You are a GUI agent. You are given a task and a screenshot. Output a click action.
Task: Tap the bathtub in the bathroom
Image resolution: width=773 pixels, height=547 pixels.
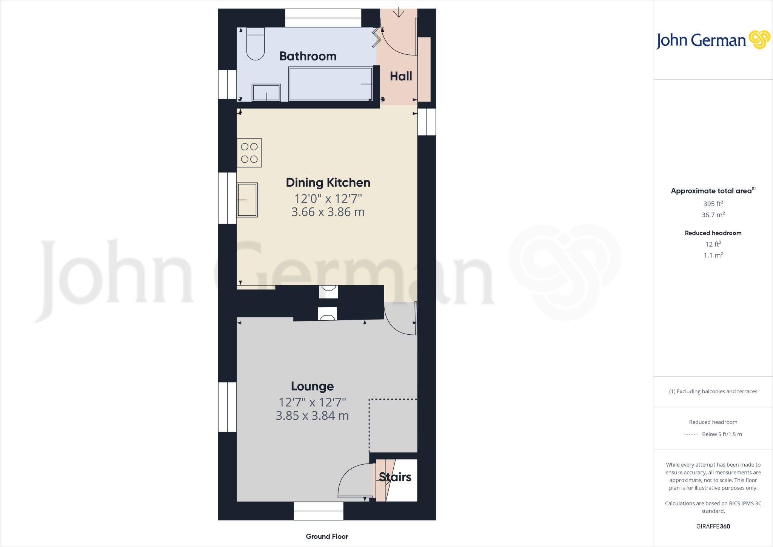pos(330,84)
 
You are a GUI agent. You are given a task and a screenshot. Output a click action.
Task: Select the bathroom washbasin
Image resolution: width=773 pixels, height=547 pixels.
pos(266,92)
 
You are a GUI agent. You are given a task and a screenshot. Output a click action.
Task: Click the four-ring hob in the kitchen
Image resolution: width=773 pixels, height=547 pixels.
pos(249,153)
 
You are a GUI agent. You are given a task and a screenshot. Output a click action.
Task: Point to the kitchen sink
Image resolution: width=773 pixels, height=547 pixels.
pos(247,200)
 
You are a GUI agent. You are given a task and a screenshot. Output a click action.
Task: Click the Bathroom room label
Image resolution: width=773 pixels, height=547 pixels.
pos(308,56)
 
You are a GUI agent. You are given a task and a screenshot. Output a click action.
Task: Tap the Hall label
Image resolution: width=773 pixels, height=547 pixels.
pos(401,76)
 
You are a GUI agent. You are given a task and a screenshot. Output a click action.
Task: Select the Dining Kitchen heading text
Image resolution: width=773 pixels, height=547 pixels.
pos(328,182)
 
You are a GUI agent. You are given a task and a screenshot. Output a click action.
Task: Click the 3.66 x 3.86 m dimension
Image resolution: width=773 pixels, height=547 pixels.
pos(328,212)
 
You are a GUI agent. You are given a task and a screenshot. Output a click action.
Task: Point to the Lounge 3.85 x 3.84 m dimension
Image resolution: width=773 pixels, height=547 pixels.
pos(312,416)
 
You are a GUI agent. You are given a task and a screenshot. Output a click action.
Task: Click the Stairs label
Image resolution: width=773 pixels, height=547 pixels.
pos(395,477)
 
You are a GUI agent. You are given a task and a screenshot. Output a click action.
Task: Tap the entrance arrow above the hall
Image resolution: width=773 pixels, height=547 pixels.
pos(399,13)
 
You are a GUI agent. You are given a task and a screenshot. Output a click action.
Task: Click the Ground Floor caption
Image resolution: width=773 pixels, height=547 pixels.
pos(327,536)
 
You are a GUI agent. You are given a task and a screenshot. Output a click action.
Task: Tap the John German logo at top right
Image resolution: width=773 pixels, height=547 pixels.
pos(713,40)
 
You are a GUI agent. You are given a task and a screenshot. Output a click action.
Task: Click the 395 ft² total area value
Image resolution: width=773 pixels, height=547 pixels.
pos(713,204)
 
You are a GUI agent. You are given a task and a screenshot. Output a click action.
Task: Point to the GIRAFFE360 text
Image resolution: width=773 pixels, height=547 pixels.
pos(713,526)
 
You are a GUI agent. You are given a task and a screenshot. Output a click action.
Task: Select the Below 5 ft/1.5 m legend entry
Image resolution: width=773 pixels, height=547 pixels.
pos(721,434)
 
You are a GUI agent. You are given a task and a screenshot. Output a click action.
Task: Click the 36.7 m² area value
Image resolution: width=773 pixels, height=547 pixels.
pos(713,215)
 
